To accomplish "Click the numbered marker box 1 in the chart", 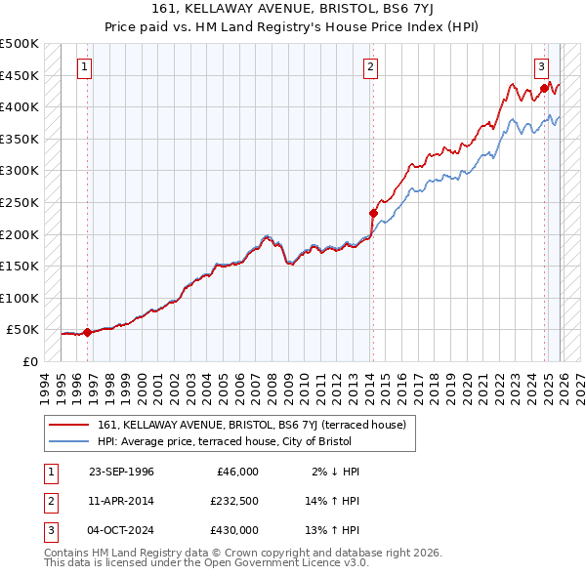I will [85, 67].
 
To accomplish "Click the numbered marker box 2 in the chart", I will [371, 67].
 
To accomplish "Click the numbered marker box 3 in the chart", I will [541, 67].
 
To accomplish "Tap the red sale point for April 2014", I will [373, 213].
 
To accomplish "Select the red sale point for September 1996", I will [87, 332].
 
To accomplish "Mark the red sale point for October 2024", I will [544, 88].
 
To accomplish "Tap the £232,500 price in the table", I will [234, 501].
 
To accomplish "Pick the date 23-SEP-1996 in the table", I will [121, 472].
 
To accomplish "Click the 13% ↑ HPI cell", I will [333, 530].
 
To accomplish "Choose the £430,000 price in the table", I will [234, 530].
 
